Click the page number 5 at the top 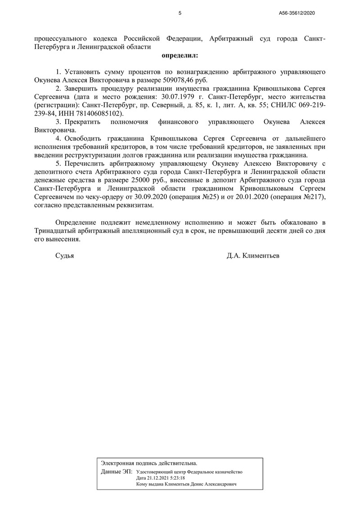180,13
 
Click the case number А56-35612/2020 297,13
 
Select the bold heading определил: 180,56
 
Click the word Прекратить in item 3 83,122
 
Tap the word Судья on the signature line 64,256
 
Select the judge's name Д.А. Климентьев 253,256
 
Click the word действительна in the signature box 178,463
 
